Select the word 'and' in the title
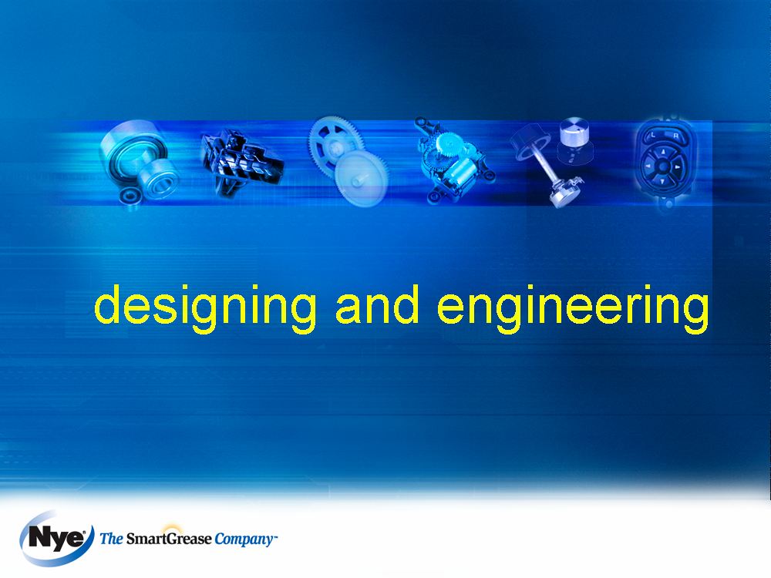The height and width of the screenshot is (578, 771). pos(377,304)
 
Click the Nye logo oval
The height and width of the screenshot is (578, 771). pos(56,539)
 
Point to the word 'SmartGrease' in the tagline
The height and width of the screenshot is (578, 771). pos(169,539)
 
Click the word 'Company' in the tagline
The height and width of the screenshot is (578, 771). pos(244,539)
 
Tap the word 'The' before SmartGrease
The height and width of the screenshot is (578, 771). pos(112,539)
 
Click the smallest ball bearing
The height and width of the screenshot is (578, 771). pos(130,197)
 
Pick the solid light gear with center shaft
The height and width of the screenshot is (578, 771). pos(362,179)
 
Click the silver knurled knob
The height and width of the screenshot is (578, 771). pos(574,131)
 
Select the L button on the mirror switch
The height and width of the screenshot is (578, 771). pos(653,135)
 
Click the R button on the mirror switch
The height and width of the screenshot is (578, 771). pos(675,135)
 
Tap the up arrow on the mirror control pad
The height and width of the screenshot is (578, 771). pos(663,152)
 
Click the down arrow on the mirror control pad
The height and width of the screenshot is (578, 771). pos(662,181)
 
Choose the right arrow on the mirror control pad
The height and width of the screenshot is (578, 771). pos(678,167)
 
